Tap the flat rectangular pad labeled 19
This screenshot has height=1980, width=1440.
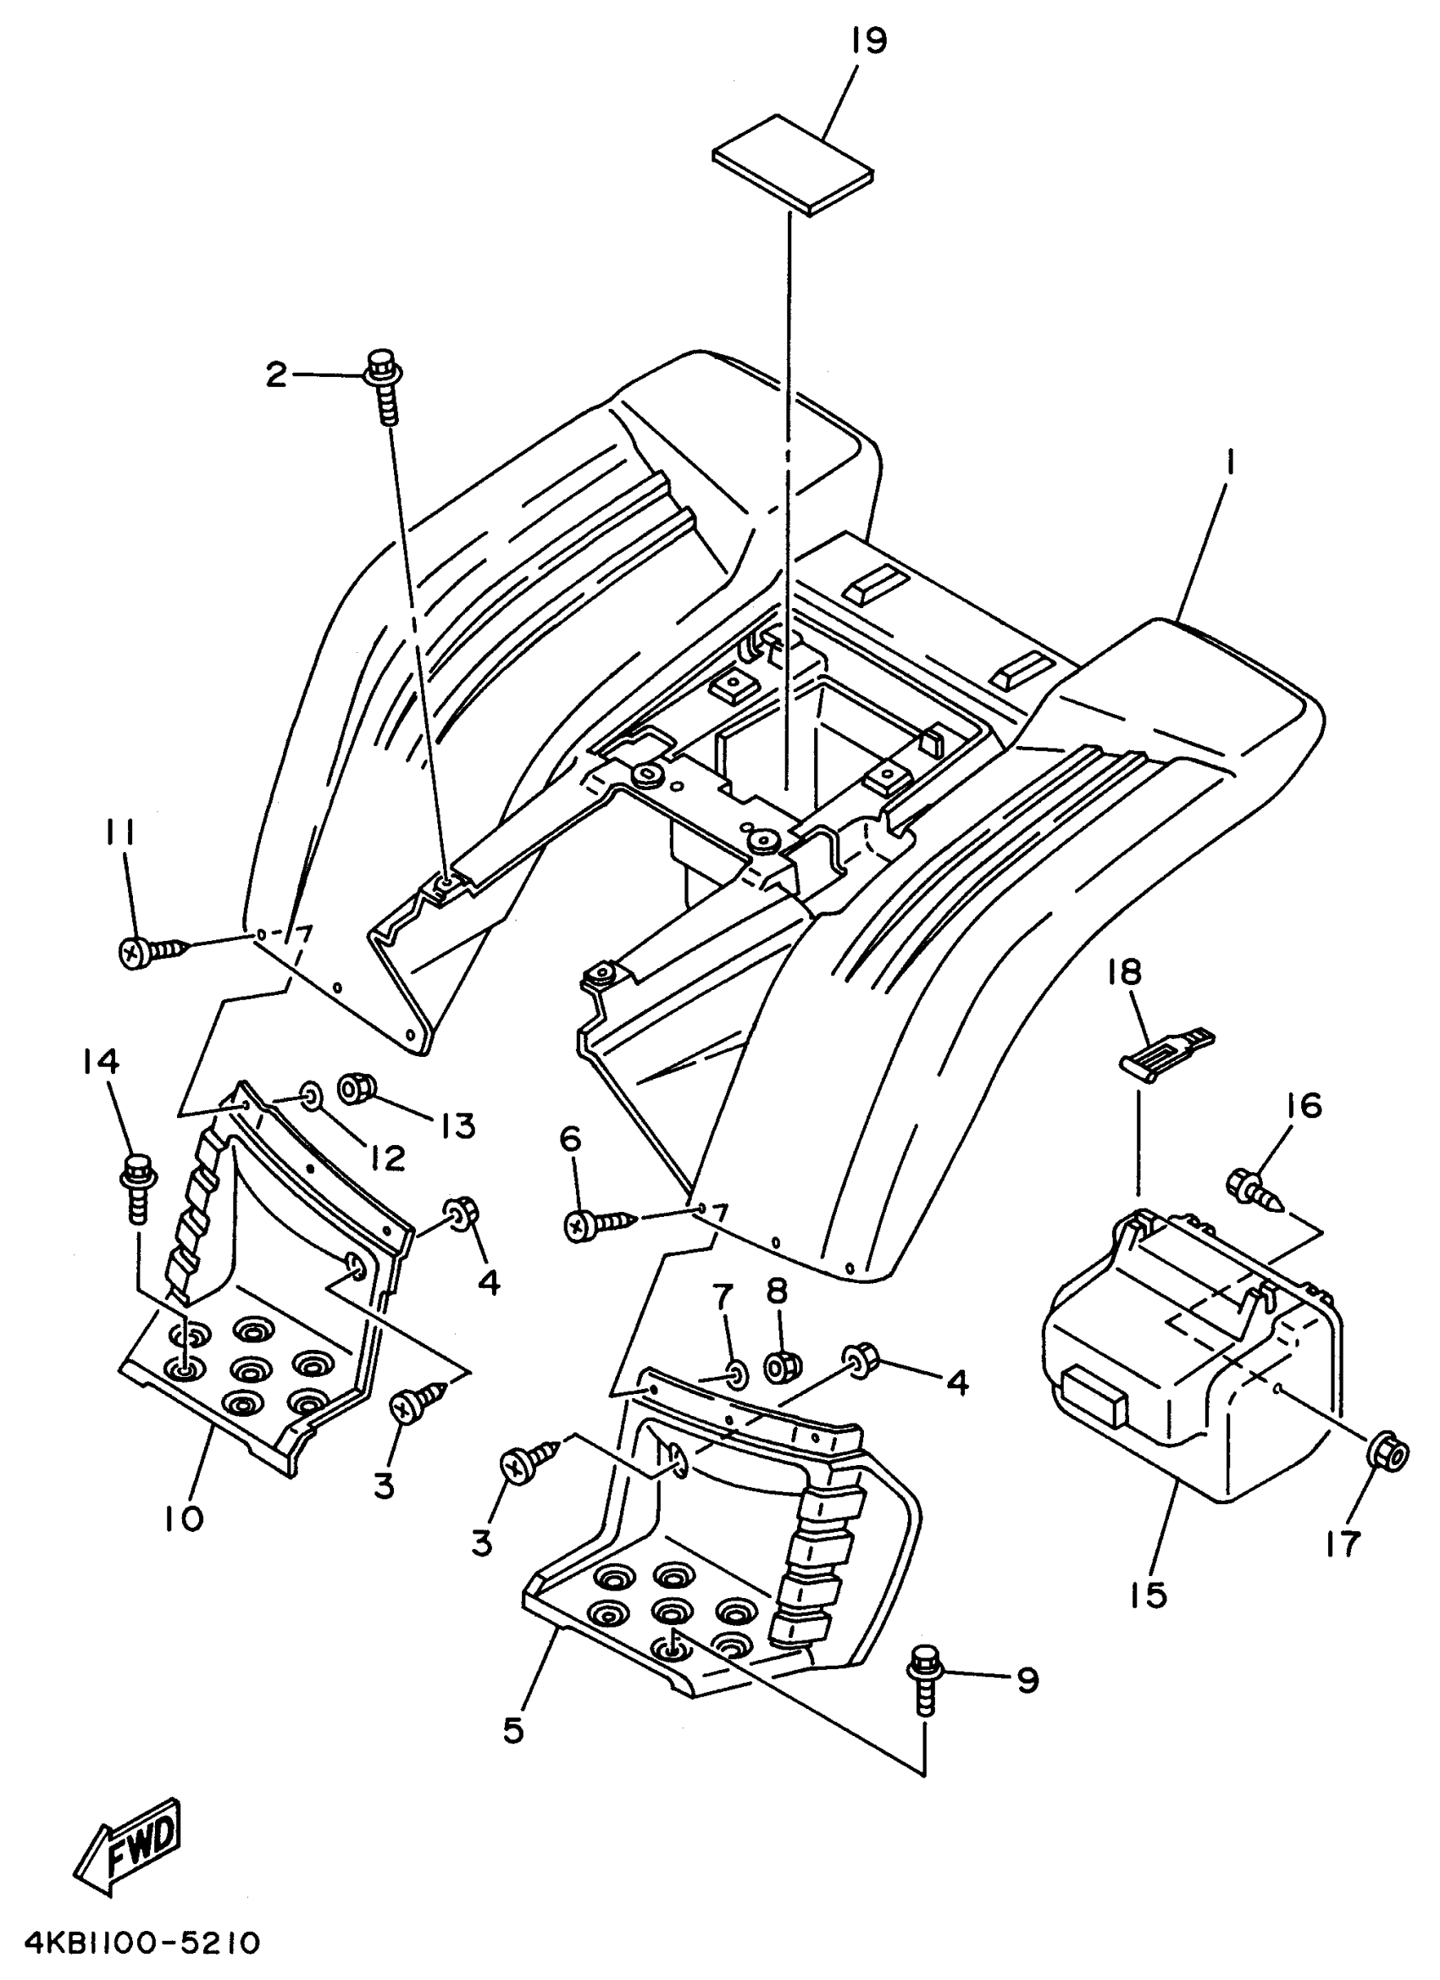pos(793,163)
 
